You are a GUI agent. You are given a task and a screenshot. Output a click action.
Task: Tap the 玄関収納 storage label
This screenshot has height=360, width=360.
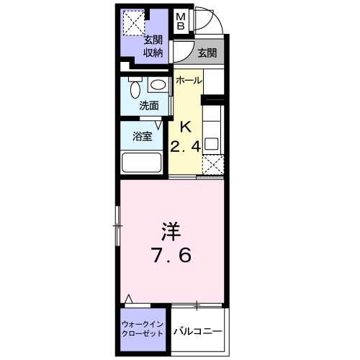point(152,46)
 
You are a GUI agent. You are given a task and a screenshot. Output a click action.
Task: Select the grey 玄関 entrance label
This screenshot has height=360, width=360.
point(207,52)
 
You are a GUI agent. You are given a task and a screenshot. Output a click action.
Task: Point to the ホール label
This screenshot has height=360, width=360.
point(189,80)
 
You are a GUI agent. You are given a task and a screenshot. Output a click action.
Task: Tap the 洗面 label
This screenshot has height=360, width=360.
point(149,106)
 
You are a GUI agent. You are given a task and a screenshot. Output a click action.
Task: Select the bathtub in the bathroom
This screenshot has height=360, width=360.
point(143,162)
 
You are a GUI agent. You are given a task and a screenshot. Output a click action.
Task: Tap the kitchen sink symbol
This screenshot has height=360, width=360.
point(212,141)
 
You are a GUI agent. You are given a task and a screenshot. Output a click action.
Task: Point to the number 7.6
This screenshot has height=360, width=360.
point(171,255)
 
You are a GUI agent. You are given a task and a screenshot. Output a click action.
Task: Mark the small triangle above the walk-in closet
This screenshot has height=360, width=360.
point(129,299)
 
